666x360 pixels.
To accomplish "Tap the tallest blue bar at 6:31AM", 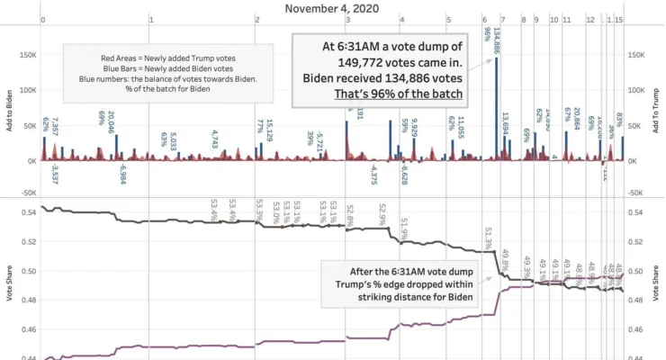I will click(497, 108).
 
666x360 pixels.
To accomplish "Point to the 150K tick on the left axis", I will click(28, 55).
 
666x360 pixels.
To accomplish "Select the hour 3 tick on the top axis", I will click(346, 19).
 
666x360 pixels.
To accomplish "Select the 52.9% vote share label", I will click(382, 214).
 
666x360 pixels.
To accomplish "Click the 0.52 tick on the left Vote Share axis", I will click(28, 241).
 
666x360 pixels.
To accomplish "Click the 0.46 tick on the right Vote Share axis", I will click(637, 329).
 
